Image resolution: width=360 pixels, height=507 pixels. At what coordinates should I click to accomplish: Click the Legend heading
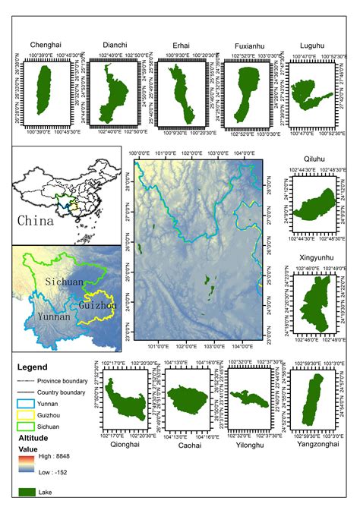tap(33, 367)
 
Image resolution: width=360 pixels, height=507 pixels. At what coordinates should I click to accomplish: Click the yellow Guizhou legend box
tap(27, 415)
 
